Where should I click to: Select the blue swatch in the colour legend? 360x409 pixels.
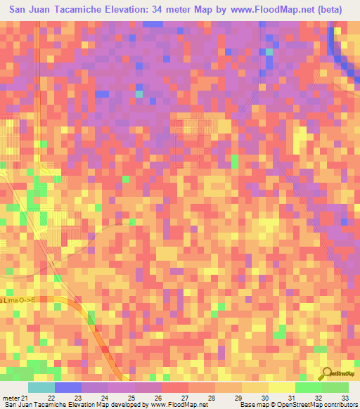[x=67, y=387]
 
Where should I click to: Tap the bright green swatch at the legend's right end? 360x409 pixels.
[x=335, y=387]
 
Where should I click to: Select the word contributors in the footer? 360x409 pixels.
[x=338, y=404]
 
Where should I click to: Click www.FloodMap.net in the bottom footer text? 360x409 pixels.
[x=178, y=404]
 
